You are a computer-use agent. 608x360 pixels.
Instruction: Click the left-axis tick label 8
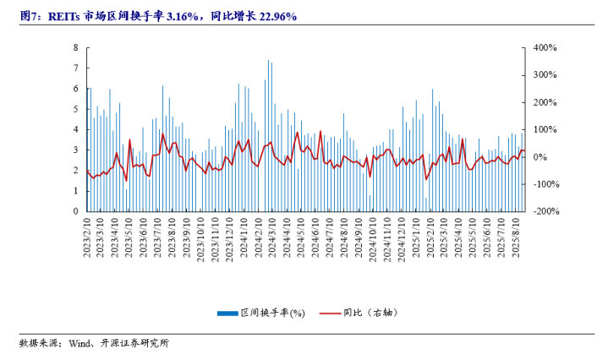pyautogui.click(x=76, y=48)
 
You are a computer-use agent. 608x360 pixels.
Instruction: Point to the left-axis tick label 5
pyautogui.click(x=76, y=109)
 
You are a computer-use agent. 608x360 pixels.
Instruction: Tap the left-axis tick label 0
pyautogui.click(x=76, y=211)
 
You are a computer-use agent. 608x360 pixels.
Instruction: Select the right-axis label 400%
pyautogui.click(x=542, y=48)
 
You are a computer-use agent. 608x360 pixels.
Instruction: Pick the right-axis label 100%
pyautogui.click(x=542, y=129)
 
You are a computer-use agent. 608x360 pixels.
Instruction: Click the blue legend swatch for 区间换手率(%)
pyautogui.click(x=227, y=313)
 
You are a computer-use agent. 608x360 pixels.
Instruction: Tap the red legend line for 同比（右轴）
pyautogui.click(x=331, y=313)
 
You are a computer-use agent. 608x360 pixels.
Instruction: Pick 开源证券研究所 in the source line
pyautogui.click(x=134, y=343)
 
